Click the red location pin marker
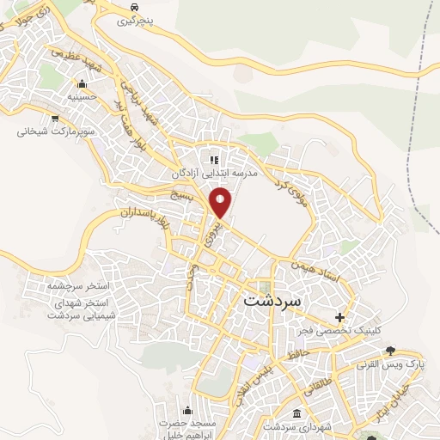pyautogui.click(x=221, y=202)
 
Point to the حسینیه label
pyautogui.click(x=82, y=98)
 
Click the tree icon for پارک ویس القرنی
pyautogui.click(x=391, y=351)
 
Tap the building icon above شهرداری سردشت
pyautogui.click(x=296, y=412)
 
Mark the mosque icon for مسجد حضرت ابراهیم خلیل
pyautogui.click(x=187, y=409)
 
